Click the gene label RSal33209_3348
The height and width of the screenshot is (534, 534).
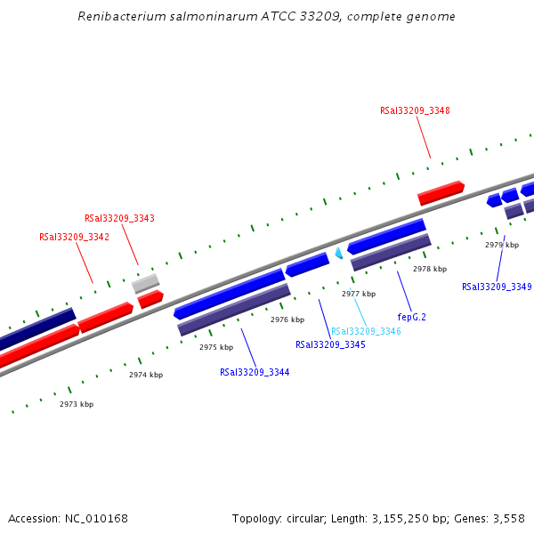tap(415, 111)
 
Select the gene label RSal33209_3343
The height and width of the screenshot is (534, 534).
tap(119, 218)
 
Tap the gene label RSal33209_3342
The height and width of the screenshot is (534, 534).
tap(74, 237)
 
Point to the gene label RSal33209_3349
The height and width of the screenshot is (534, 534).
tap(497, 287)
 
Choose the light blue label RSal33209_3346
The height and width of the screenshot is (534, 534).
tap(366, 331)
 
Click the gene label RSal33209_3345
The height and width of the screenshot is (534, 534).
tap(330, 344)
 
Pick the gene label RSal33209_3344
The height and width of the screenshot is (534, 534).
tap(255, 372)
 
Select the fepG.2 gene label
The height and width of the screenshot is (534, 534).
tap(411, 316)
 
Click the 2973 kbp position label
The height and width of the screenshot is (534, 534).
tap(77, 404)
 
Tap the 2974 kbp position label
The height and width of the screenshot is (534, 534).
tap(146, 376)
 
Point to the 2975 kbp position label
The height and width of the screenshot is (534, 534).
tap(216, 347)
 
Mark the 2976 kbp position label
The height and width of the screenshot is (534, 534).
tap(287, 320)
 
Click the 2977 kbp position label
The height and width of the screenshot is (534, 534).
tap(359, 294)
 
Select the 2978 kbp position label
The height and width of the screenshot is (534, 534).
tap(430, 268)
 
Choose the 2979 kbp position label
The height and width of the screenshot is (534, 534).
tap(502, 245)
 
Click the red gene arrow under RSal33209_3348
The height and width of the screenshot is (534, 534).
tap(441, 193)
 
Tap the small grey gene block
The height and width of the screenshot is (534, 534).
tap(145, 284)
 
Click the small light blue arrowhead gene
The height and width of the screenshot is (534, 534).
tap(338, 254)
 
